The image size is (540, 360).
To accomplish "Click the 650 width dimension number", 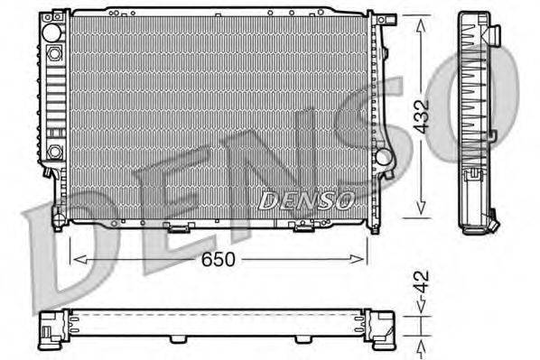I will point(218,260).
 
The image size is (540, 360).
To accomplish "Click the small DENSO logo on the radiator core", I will point(305,199).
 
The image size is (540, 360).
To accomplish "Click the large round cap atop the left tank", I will point(52,34).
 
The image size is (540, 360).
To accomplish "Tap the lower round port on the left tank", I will point(55,151).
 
